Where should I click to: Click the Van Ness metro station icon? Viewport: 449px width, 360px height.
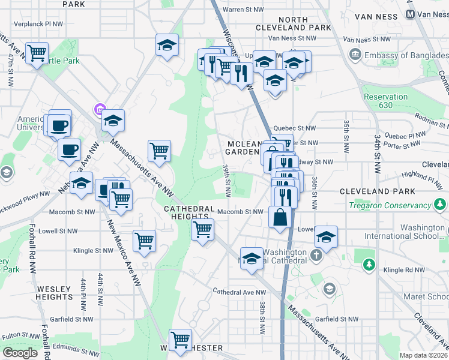(x=411, y=13)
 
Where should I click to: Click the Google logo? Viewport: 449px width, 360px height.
(x=20, y=352)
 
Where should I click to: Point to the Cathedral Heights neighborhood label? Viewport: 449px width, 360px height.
(x=189, y=213)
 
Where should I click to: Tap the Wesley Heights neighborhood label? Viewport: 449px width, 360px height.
(x=54, y=293)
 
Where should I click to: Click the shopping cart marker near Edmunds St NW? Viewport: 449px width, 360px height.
(x=180, y=340)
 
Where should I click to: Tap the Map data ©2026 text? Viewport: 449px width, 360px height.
(x=423, y=355)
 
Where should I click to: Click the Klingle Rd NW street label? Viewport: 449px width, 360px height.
(x=406, y=270)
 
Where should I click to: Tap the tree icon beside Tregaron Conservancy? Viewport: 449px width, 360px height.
(x=441, y=205)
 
